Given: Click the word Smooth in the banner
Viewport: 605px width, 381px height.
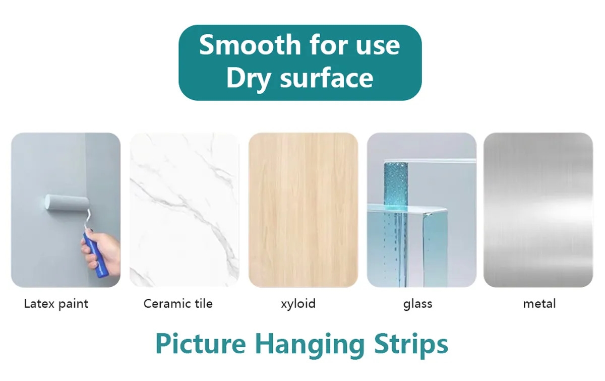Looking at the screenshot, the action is click(250, 45).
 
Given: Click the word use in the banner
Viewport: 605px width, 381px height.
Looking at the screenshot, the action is click(378, 47).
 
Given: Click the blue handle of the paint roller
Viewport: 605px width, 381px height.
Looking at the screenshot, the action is click(95, 255).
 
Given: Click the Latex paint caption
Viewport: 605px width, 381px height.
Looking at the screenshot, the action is click(56, 304).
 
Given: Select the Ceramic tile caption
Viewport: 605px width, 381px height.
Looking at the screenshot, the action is click(178, 303).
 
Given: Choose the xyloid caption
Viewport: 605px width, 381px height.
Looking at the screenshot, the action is click(298, 304).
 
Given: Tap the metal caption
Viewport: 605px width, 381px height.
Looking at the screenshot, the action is click(539, 304).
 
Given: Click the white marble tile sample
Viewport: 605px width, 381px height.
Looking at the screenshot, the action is click(185, 210).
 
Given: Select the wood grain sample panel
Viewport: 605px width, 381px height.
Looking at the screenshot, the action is click(304, 210).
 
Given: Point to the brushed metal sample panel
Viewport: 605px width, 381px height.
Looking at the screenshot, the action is click(538, 210).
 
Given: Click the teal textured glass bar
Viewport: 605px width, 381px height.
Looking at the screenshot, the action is click(396, 224).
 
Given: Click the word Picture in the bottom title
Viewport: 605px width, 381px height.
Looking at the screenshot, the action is click(201, 344).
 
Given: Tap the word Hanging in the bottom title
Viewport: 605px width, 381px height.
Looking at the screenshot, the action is click(310, 346).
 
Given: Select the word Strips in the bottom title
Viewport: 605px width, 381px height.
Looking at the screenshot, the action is click(411, 346).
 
